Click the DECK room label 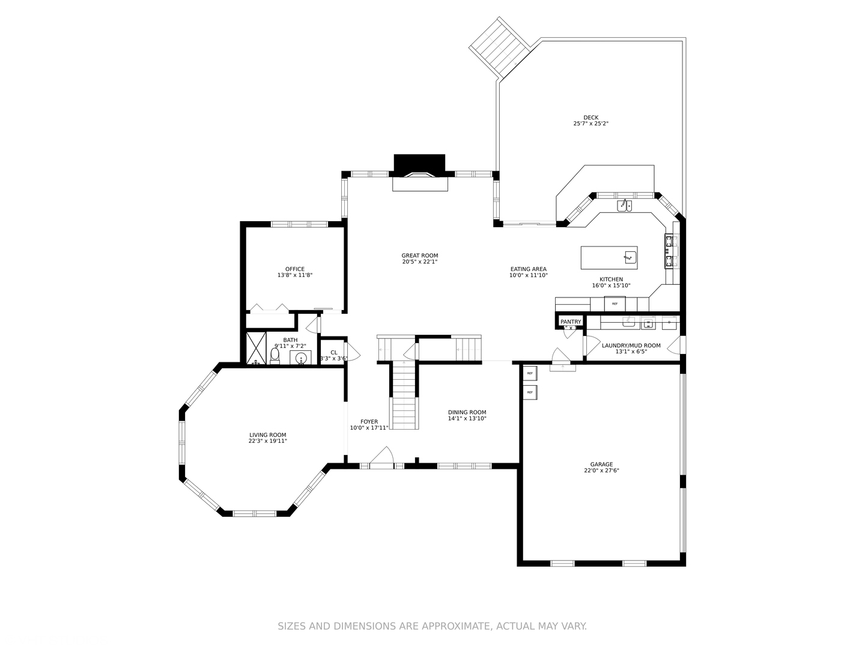[x=590, y=118]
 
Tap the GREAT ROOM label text [x=420, y=255]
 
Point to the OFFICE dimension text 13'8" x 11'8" [x=294, y=275]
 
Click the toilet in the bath [x=275, y=356]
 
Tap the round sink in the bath [x=301, y=359]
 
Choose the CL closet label [x=333, y=353]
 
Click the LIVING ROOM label [x=268, y=435]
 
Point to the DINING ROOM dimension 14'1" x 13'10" [x=467, y=418]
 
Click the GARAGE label [x=601, y=465]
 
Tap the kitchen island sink [x=629, y=257]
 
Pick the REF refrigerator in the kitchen [x=615, y=303]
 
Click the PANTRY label [x=571, y=322]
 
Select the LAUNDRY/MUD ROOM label [x=631, y=346]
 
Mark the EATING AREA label [x=529, y=269]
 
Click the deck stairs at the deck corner [x=499, y=48]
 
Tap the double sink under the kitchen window [x=624, y=206]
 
